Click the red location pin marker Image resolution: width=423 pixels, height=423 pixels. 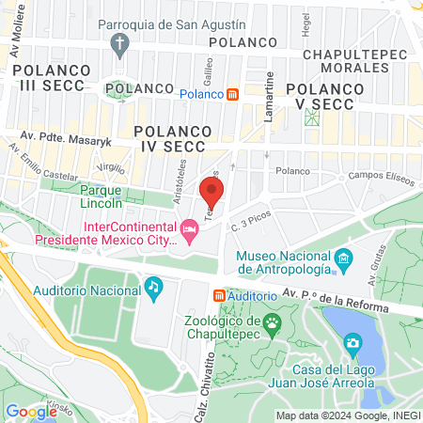[211, 193]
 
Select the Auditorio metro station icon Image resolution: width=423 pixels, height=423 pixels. [219, 295]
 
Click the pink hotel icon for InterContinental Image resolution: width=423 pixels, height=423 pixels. [190, 229]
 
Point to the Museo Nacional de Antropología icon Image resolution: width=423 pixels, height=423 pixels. [343, 258]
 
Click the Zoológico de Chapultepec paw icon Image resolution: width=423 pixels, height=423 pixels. [273, 321]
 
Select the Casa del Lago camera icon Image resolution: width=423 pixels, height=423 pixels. [352, 345]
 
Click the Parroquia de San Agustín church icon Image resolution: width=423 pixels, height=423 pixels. [119, 43]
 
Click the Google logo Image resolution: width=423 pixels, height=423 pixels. [31, 411]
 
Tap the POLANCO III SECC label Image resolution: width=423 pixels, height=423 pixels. [50, 78]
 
